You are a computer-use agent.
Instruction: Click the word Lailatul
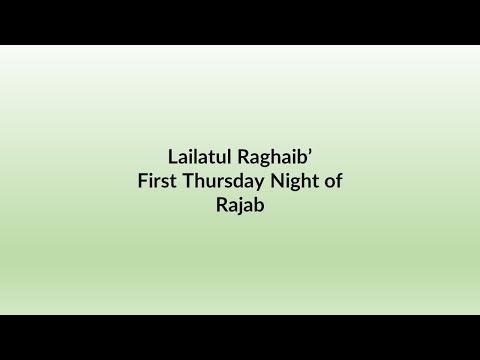pos(198,158)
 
